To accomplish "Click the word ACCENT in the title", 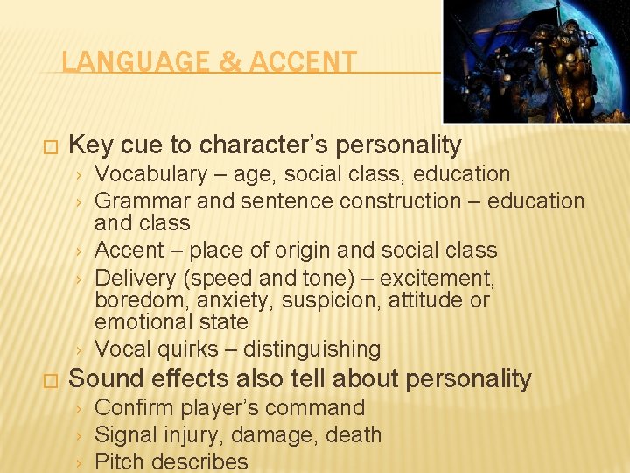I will (304, 62).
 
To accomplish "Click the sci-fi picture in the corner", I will (535, 60).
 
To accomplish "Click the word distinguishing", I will (312, 349).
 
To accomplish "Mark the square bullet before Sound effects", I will (49, 381).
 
